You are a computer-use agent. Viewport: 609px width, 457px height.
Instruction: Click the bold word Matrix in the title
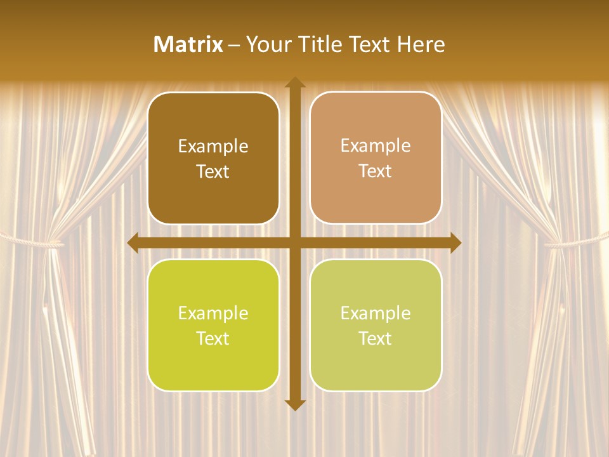coord(188,44)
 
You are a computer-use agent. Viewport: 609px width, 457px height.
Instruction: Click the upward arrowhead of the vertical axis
coord(295,83)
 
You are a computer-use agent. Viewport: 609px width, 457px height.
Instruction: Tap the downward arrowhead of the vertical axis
coord(295,404)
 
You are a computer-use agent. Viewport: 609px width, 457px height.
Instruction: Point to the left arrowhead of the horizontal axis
coord(134,242)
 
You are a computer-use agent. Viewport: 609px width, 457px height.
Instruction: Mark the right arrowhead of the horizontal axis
coord(455,242)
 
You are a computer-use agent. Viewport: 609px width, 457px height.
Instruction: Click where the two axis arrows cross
coord(295,242)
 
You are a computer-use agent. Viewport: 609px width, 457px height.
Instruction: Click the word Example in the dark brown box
coord(213,147)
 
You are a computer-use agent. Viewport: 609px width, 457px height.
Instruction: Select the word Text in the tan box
coord(376,171)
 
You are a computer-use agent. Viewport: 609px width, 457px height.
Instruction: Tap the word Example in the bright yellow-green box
coord(213,314)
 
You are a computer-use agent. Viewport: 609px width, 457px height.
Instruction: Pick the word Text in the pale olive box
coord(376,338)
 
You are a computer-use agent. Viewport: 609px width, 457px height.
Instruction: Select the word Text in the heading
coord(370,44)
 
